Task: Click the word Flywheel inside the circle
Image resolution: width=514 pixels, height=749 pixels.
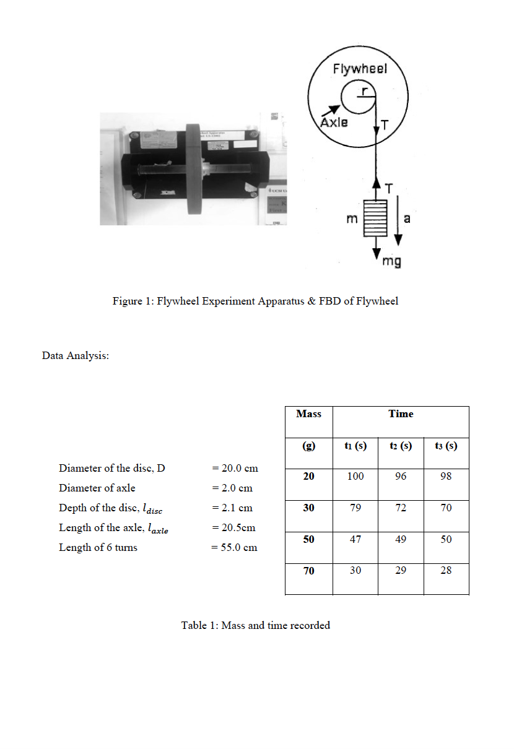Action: [360, 69]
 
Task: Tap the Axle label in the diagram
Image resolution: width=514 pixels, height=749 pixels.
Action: [334, 122]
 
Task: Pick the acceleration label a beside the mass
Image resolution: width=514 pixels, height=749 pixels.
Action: [407, 218]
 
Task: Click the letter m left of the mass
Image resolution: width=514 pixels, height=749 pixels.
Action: [352, 219]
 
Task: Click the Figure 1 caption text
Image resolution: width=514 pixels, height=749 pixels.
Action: [255, 301]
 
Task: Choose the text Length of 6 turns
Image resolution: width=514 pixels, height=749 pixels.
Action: [98, 547]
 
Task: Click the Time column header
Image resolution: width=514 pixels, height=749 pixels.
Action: [401, 414]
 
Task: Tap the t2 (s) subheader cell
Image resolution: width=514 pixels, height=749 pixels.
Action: [401, 446]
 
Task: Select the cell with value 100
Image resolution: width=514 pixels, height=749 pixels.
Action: [355, 477]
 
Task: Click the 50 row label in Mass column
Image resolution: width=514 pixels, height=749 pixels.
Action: [308, 539]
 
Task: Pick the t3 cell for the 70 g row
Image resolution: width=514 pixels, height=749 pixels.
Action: [446, 571]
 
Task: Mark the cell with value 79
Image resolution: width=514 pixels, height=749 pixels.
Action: [355, 508]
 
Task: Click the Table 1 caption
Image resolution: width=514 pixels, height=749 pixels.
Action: [255, 625]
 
